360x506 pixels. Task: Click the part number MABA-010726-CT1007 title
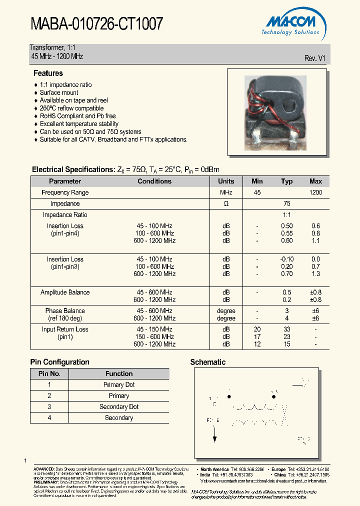96,23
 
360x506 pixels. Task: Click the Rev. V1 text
315,58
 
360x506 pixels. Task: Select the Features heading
48,73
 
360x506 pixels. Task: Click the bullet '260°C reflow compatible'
71,108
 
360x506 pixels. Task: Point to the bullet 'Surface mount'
59,92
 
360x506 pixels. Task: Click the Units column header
226,181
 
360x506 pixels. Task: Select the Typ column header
286,181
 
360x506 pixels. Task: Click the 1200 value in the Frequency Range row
315,192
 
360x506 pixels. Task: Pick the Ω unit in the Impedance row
226,204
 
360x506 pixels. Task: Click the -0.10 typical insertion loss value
287,259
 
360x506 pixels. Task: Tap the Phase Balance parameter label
65,311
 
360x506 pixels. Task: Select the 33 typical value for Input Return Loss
287,329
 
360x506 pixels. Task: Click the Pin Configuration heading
60,362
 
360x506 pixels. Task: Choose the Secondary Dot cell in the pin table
119,407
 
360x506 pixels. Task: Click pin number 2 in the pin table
49,396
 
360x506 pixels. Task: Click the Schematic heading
208,362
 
